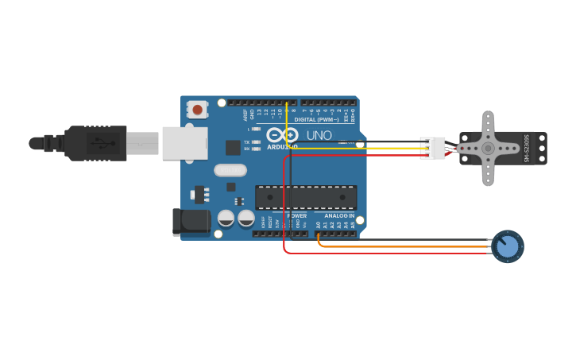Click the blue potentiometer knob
coord(508,246)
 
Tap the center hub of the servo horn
coord(488,149)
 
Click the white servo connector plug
coord(434,148)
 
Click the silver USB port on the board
coord(184,143)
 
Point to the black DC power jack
coord(191,222)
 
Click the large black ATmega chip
coord(305,197)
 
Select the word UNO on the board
coord(319,135)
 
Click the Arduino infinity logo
coord(282,135)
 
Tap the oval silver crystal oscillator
coord(230,170)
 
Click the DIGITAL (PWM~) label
coord(317,120)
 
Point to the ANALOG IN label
coord(339,215)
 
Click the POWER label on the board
coord(296,215)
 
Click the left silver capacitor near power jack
coord(226,218)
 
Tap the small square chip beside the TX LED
coord(233,147)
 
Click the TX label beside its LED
coord(247,142)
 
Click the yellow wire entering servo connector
coord(397,149)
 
